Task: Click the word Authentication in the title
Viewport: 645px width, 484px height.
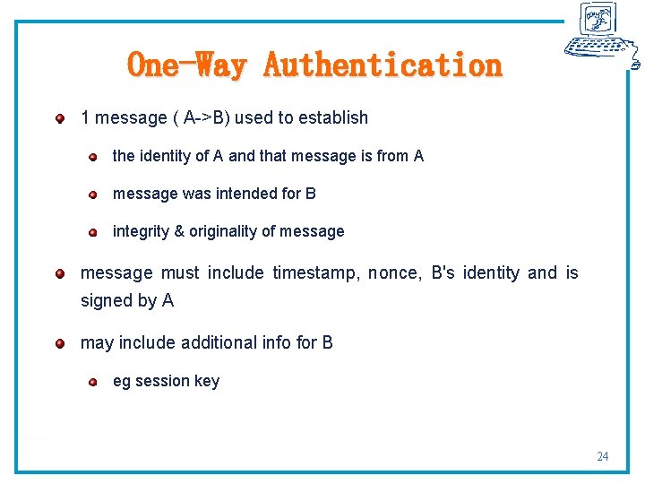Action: click(383, 65)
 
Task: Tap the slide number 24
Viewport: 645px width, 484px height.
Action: click(602, 456)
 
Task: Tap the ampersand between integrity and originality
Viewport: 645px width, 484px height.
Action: click(179, 231)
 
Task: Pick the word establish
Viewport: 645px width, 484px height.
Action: click(335, 117)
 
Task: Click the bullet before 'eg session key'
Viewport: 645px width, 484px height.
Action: click(92, 383)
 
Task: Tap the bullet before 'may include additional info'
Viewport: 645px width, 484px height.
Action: click(59, 343)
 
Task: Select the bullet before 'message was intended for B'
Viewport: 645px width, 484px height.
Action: click(92, 194)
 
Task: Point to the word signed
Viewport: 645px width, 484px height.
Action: click(106, 300)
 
